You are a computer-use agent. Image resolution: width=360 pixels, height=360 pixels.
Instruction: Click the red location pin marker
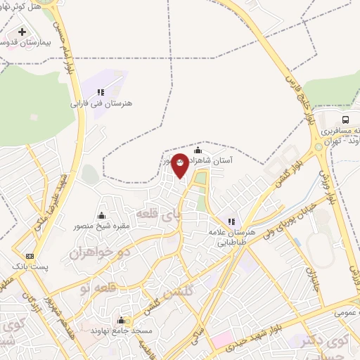click(x=180, y=165)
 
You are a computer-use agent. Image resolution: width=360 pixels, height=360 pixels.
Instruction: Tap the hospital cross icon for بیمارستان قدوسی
click(x=23, y=32)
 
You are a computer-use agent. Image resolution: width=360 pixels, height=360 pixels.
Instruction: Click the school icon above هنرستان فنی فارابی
click(x=101, y=91)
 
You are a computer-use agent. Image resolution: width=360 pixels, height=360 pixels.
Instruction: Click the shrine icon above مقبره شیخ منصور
click(x=101, y=215)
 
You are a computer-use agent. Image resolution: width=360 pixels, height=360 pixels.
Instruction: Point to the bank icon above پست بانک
click(x=30, y=256)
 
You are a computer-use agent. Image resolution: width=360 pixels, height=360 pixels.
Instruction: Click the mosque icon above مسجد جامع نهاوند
click(x=120, y=319)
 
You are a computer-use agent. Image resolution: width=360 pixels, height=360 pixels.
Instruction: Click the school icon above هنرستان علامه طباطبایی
click(x=231, y=221)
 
